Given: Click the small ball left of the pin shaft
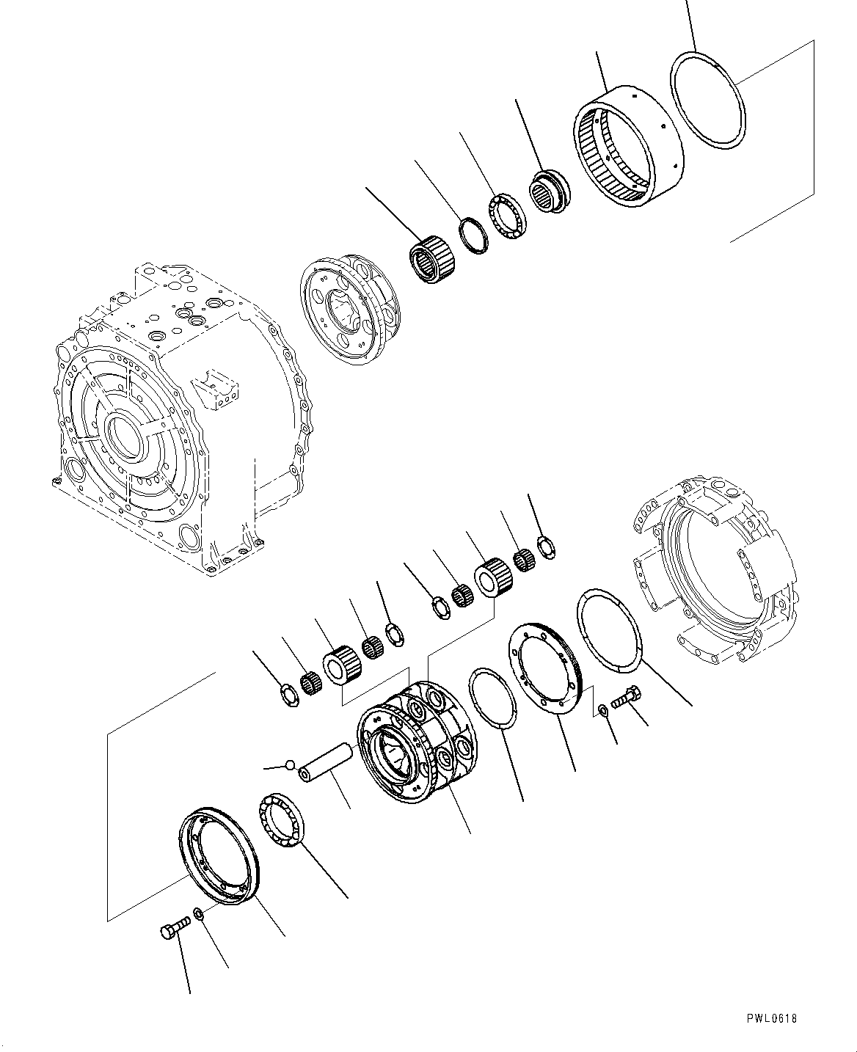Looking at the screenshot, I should (291, 765).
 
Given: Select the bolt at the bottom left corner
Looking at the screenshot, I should (173, 930).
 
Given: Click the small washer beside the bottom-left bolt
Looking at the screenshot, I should (198, 914).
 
